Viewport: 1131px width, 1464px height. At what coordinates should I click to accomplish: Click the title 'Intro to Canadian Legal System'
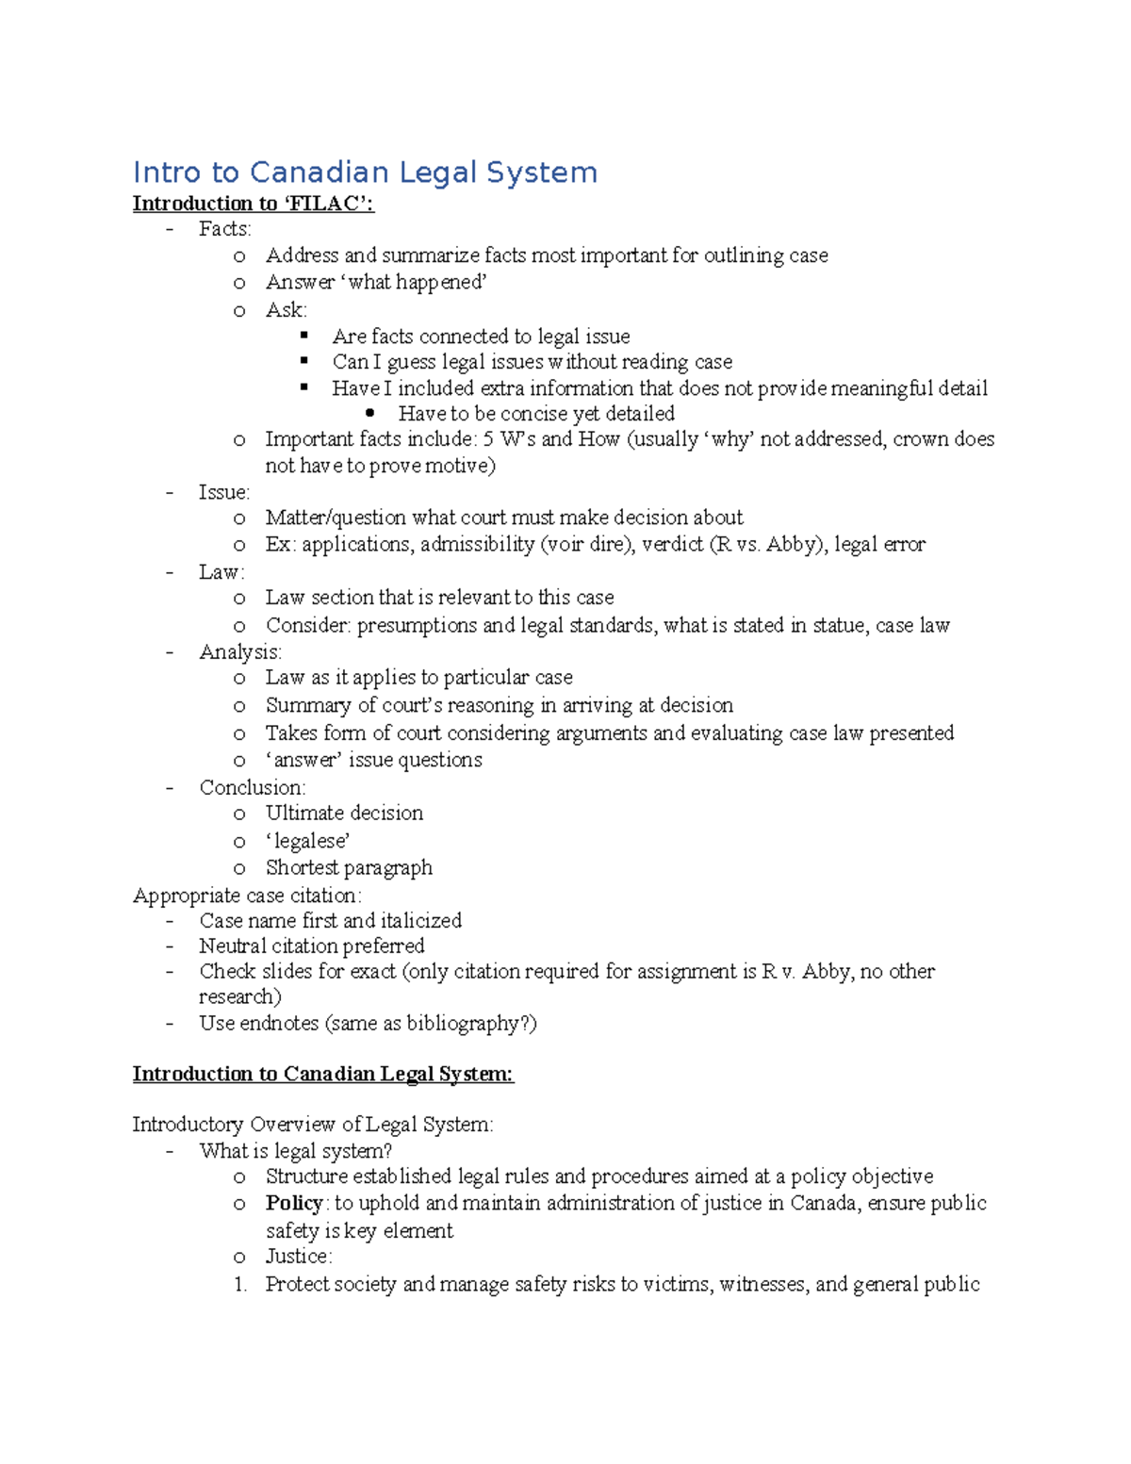click(x=365, y=173)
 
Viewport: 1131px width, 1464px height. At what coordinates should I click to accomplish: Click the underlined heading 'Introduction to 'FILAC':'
click(x=253, y=204)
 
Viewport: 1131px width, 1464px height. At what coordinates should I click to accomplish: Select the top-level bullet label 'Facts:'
click(x=224, y=229)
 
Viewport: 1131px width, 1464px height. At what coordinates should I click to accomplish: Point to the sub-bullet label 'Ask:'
click(x=286, y=310)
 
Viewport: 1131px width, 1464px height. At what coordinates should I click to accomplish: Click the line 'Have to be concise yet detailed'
click(x=535, y=414)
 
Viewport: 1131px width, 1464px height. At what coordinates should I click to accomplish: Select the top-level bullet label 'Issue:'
click(x=223, y=492)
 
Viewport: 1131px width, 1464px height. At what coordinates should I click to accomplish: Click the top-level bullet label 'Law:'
click(x=221, y=572)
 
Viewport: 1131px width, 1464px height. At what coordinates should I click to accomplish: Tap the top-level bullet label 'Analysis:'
click(x=239, y=652)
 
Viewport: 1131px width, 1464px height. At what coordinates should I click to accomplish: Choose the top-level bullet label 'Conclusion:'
click(x=252, y=787)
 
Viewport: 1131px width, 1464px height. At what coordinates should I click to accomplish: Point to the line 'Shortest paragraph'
click(x=349, y=867)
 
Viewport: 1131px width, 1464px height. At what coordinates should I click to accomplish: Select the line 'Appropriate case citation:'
click(x=247, y=896)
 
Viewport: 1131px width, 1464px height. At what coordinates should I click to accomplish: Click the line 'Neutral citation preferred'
click(x=311, y=946)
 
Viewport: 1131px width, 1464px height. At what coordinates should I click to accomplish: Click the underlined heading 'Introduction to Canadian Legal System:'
click(x=322, y=1074)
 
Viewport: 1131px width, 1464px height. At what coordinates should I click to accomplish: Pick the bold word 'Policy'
click(x=294, y=1203)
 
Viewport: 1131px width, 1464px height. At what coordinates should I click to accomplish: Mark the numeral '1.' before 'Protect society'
click(x=240, y=1284)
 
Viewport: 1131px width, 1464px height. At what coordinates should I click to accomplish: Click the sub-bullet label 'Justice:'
click(x=298, y=1256)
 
